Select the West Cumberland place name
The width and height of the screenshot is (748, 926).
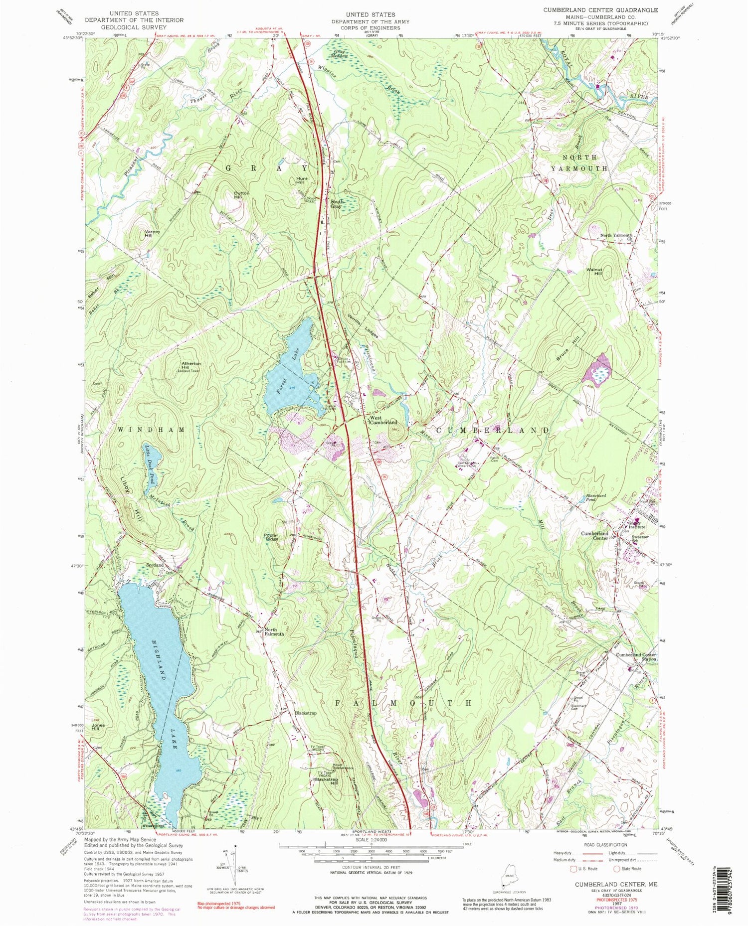pos(382,420)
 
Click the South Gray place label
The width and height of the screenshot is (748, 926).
pos(337,204)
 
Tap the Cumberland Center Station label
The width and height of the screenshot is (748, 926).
pos(636,657)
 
